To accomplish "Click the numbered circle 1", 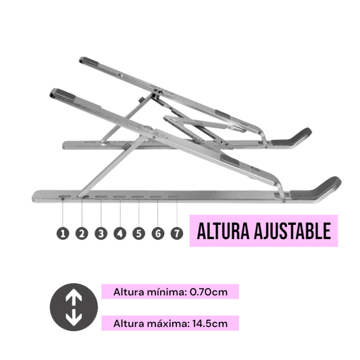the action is pos(63,234).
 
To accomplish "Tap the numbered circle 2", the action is pos(82,234).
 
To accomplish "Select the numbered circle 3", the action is pos(101,234).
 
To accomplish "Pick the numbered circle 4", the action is pos(120,234).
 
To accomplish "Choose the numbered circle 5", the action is pos(138,234).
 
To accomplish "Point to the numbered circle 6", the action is pos(158,234).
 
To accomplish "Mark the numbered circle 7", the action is pos(177,234).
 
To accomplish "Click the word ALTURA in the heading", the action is pos(223,231).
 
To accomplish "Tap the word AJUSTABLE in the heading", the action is pos(292,231).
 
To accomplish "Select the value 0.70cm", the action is pos(209,292).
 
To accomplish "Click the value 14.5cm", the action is pos(210,324).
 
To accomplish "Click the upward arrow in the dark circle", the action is pos(74,297).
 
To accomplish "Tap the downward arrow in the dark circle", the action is pos(74,317).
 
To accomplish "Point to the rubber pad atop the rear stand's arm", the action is pos(90,61).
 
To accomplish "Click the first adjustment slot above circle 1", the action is pos(65,197).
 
